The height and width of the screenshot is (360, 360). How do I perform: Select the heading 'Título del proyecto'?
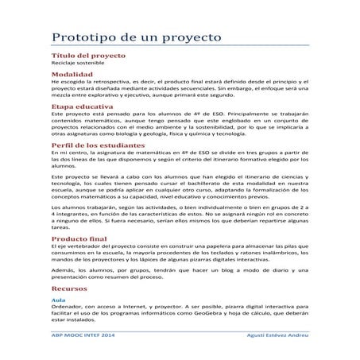pyautogui.click(x=85, y=58)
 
